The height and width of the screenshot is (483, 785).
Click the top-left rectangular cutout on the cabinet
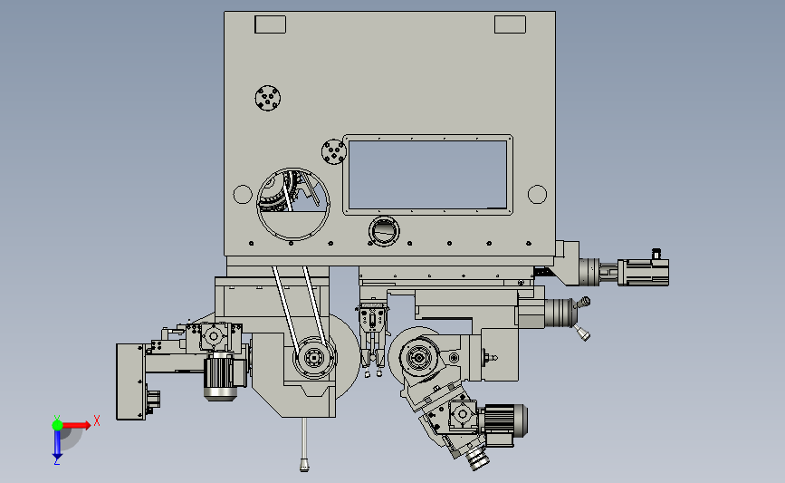coord(270,24)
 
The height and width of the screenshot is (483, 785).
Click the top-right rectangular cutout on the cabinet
coord(509,24)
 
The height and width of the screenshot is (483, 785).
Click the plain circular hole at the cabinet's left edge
coord(242,194)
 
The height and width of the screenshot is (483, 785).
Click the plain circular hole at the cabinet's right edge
coord(537,194)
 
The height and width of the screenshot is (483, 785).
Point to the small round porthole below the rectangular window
coord(383,231)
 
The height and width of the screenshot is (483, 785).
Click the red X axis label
coord(96,420)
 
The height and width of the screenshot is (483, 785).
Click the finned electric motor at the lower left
coord(221,376)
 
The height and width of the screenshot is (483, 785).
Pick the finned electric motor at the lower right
coord(503,422)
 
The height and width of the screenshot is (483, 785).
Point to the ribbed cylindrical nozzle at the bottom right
coord(476,459)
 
